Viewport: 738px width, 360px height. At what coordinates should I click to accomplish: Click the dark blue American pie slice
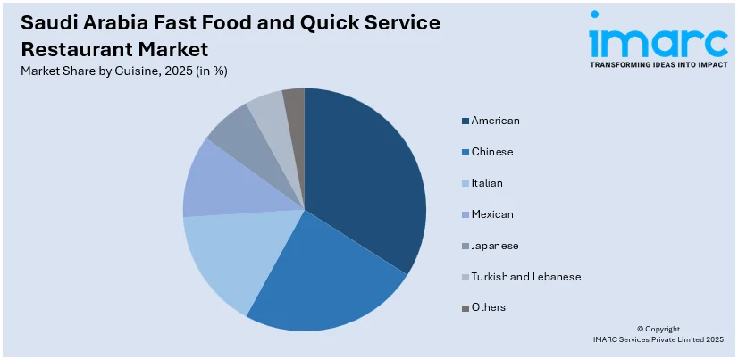(x=366, y=179)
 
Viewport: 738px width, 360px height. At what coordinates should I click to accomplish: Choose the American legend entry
(x=495, y=120)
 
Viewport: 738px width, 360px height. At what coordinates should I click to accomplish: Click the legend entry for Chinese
(x=492, y=151)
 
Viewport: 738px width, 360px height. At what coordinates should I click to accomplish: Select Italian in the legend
(x=487, y=182)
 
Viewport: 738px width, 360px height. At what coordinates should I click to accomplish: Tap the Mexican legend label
(x=492, y=213)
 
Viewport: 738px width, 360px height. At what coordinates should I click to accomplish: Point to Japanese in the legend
(x=494, y=245)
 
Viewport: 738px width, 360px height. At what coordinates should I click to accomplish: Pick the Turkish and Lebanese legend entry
(x=525, y=276)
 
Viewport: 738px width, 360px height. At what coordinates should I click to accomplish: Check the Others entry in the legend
(x=488, y=307)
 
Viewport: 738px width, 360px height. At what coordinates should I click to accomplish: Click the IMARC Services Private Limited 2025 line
(x=658, y=340)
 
